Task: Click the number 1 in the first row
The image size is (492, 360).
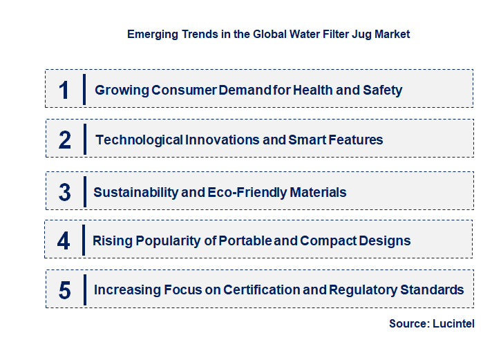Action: point(64,90)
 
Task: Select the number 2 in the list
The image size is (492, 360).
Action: point(65,140)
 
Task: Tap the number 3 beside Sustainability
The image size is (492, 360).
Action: point(65,192)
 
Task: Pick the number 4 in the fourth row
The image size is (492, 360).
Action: point(64,241)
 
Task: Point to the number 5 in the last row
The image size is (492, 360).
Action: point(65,290)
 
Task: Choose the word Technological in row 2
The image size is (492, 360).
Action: point(139,140)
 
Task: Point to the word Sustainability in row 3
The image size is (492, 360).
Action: point(135,192)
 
